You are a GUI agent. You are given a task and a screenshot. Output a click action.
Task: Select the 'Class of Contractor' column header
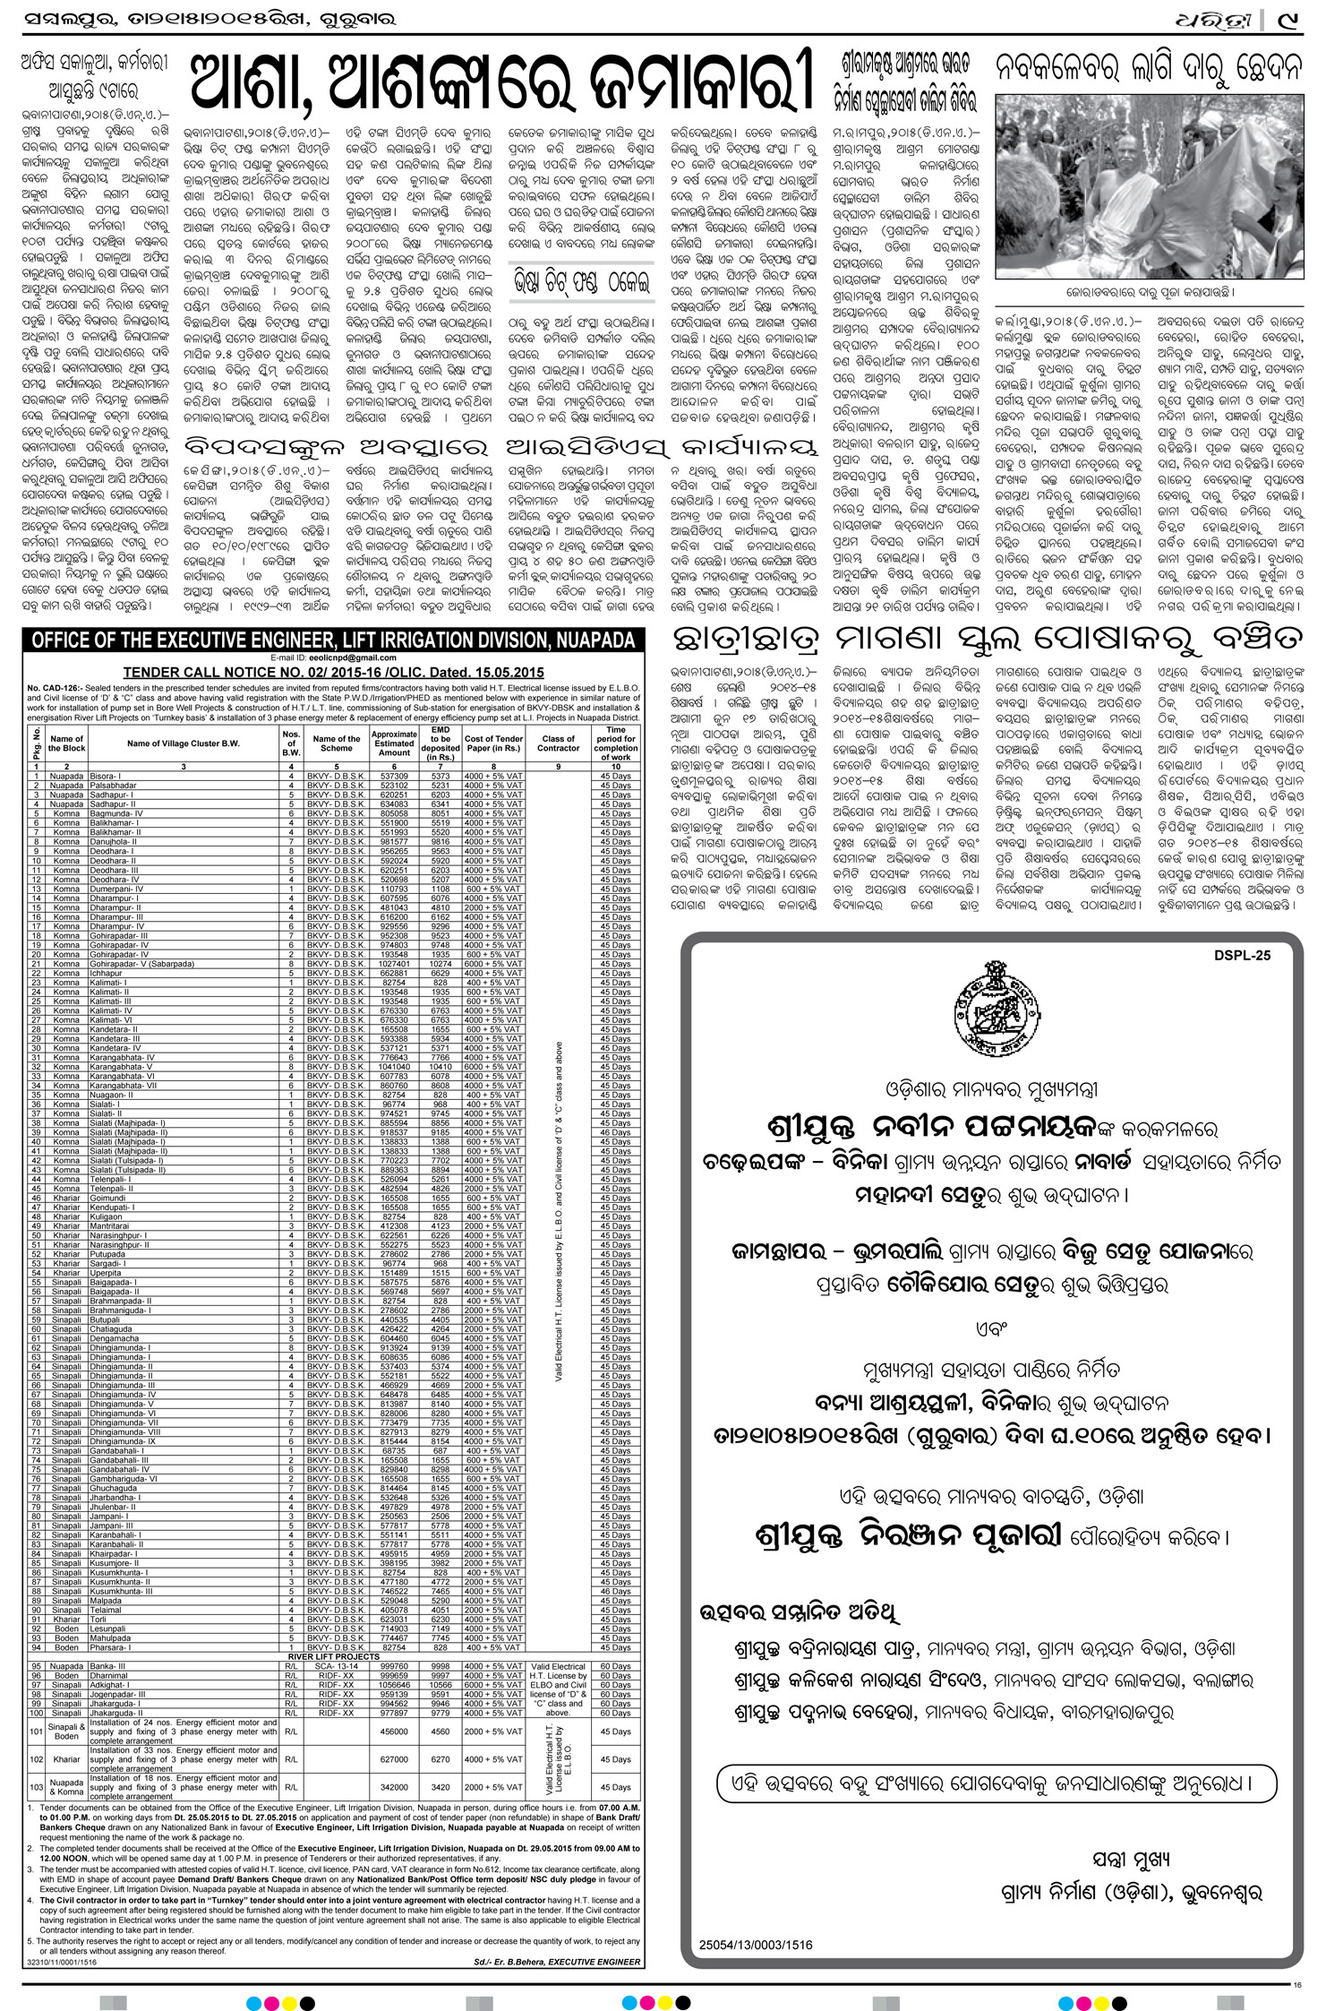[x=558, y=743]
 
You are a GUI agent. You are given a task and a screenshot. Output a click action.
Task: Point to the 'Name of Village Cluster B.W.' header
[x=183, y=743]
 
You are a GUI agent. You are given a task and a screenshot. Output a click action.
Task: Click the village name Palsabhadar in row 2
[x=113, y=785]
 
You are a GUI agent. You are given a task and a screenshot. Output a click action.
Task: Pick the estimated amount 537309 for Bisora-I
[x=394, y=776]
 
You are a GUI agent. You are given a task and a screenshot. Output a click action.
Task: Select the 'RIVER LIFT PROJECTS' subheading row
[x=334, y=1656]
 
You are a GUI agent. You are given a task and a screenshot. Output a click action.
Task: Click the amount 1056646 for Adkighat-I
[x=394, y=1685]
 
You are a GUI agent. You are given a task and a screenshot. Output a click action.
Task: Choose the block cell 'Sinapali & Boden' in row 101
[x=67, y=1732]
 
